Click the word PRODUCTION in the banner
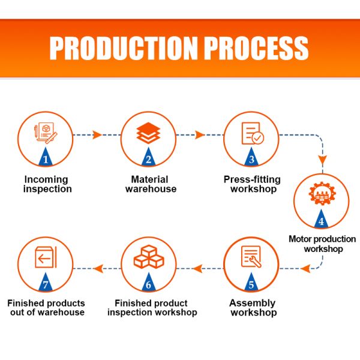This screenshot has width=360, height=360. [124, 48]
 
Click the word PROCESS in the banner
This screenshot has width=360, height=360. [256, 48]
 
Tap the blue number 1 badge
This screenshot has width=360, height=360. [46, 157]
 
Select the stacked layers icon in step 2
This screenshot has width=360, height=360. [148, 133]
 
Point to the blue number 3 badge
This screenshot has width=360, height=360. [251, 157]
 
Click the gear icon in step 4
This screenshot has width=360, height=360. [322, 193]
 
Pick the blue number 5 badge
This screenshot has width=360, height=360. [251, 282]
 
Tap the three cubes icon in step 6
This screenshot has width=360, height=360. [149, 257]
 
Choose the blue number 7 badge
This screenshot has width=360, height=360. [46, 282]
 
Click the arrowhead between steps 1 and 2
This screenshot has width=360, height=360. [97, 135]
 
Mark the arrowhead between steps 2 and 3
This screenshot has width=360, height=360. [200, 135]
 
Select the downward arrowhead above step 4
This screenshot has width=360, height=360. [323, 160]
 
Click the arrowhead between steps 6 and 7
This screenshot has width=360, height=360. [98, 268]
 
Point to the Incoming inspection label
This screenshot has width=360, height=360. [47, 184]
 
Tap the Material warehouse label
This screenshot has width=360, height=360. [151, 184]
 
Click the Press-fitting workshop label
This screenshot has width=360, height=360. [252, 184]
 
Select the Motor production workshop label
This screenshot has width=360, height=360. [322, 244]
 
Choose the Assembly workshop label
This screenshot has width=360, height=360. [253, 308]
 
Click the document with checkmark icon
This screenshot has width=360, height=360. [253, 133]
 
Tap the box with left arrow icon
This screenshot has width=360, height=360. [46, 257]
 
